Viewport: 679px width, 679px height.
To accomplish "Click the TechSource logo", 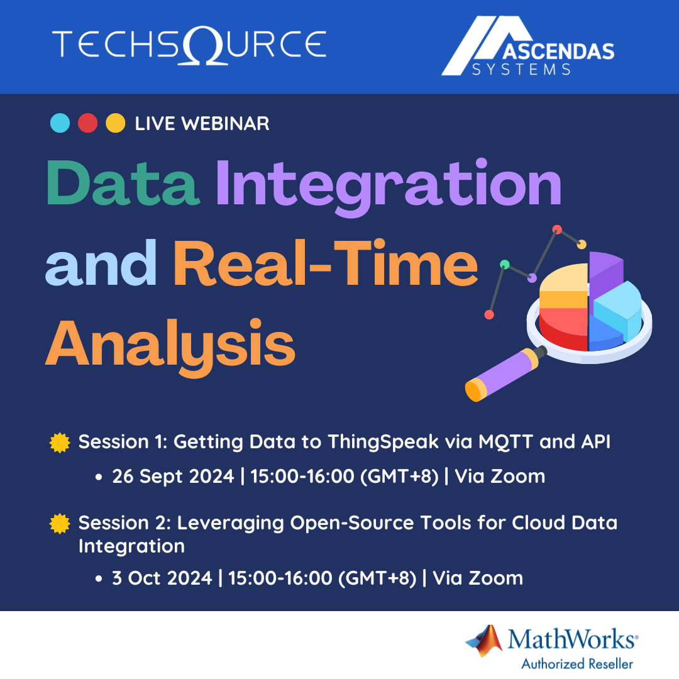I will (189, 45).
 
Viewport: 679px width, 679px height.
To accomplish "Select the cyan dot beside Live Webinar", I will (60, 123).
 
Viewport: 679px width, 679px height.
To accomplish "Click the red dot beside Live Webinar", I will (87, 123).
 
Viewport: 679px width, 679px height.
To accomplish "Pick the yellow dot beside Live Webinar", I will (115, 123).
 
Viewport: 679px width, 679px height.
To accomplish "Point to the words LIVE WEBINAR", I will (202, 124).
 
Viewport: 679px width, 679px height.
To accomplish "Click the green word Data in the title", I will (123, 184).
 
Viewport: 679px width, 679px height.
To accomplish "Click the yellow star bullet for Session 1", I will (59, 443).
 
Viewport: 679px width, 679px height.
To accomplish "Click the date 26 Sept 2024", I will (173, 477).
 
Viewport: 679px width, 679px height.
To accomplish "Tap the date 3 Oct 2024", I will (162, 578).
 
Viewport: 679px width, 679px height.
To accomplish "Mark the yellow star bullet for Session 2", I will (59, 523).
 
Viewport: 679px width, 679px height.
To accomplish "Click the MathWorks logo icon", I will (485, 640).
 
